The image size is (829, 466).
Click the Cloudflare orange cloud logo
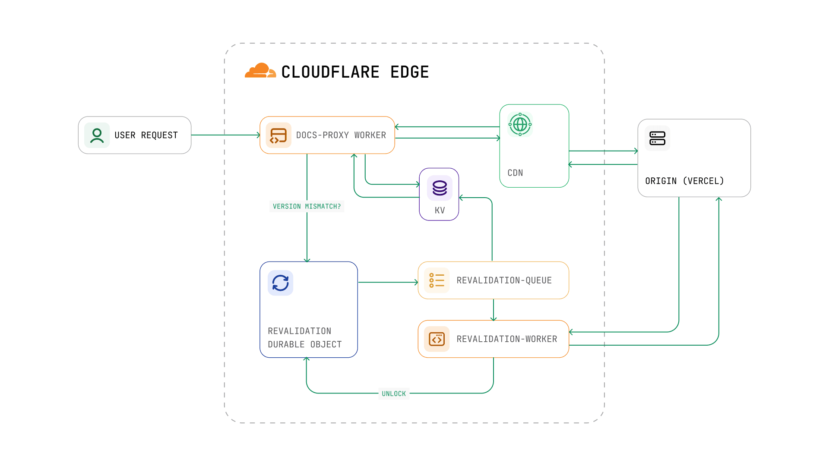pos(260,71)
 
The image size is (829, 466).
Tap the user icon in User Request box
pos(97,135)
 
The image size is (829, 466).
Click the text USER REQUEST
pos(146,135)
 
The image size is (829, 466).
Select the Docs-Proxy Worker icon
pos(278,135)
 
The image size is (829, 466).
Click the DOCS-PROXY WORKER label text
pos(341,135)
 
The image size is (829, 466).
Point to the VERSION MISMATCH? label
pos(307,207)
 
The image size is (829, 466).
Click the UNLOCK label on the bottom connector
pos(394,394)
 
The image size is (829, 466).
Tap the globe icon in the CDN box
pos(520,125)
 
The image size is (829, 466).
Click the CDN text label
pos(515,173)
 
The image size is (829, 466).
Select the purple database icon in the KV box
pos(440,188)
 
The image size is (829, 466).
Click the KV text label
pos(440,211)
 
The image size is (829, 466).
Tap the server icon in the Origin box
pos(657,139)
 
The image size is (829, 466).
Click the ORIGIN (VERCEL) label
pos(684,181)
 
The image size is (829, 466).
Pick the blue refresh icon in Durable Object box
pos(280,283)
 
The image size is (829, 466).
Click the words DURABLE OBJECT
pos(304,345)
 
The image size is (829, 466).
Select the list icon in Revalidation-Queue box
pos(437,280)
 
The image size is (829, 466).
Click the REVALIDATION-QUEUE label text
pos(504,280)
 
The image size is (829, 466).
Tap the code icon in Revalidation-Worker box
pos(437,339)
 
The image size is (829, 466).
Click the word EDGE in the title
pos(409,72)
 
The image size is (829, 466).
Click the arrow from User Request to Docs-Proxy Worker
pos(225,135)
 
